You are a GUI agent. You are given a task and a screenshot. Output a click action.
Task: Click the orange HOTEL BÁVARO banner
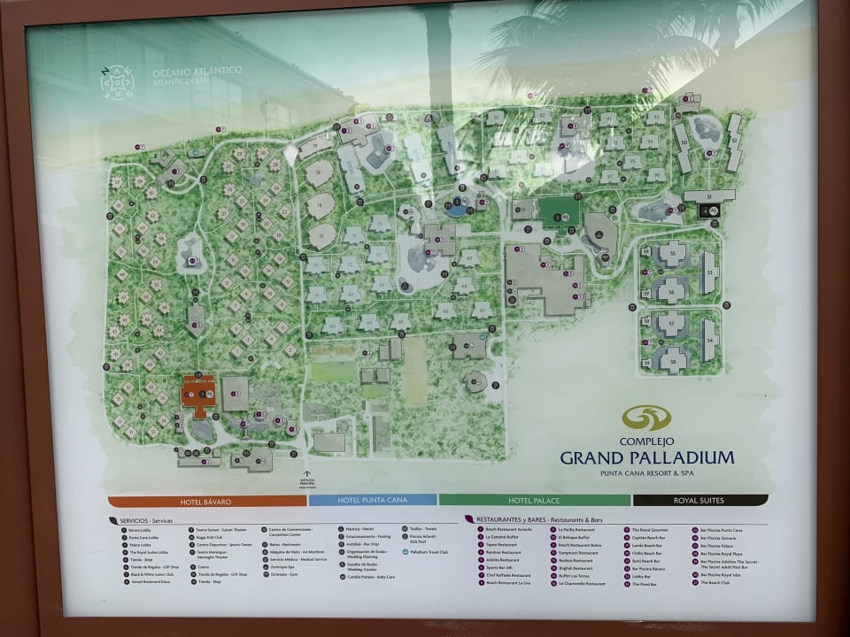pyautogui.click(x=206, y=502)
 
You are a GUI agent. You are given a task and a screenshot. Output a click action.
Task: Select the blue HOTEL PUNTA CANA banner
pyautogui.click(x=372, y=500)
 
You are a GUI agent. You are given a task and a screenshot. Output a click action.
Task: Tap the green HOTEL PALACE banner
pyautogui.click(x=534, y=500)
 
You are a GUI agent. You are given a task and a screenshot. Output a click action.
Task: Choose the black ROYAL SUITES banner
pyautogui.click(x=699, y=500)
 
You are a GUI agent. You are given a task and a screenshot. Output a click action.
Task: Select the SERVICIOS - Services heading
pyautogui.click(x=142, y=521)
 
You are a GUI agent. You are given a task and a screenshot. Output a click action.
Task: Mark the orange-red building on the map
pyautogui.click(x=199, y=394)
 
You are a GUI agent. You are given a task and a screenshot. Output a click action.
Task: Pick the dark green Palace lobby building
pyautogui.click(x=558, y=212)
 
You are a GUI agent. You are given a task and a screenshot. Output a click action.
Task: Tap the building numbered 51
pyautogui.click(x=708, y=196)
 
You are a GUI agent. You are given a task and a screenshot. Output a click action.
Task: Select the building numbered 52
pyautogui.click(x=734, y=142)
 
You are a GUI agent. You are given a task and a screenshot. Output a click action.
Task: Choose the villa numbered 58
pyautogui.click(x=673, y=361)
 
